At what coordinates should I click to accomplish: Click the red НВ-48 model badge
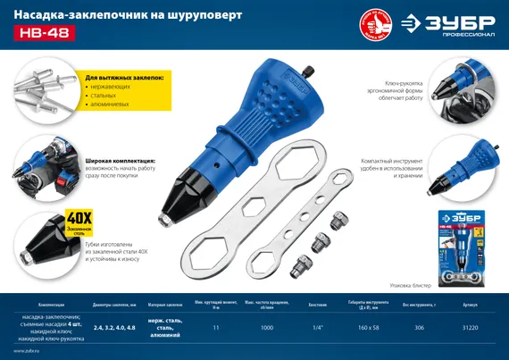pos(43,33)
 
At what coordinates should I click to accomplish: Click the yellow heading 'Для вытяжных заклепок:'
pos(124,78)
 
